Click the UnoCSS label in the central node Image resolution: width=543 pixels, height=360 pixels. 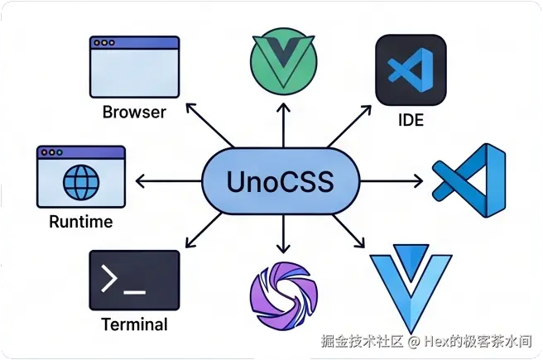(280, 181)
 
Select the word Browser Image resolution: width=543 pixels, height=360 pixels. (134, 113)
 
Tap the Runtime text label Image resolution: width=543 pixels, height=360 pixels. (81, 222)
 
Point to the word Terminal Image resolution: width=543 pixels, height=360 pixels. (134, 324)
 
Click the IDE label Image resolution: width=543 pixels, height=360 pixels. (411, 120)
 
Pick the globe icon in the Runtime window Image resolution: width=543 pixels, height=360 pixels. (81, 182)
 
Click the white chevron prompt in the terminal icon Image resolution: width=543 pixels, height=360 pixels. (108, 278)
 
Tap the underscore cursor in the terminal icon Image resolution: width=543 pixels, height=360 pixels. (134, 292)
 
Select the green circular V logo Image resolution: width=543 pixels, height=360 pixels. (283, 61)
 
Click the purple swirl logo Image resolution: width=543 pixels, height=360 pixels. (284, 295)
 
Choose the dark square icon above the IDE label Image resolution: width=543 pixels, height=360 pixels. (411, 70)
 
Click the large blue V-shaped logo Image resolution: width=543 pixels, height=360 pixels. (411, 288)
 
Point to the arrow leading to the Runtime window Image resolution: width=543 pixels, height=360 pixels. (168, 181)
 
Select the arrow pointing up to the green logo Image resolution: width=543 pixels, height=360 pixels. (284, 125)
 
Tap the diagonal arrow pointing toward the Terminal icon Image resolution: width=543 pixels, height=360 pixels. (204, 231)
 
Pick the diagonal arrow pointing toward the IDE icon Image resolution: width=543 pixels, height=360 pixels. (349, 127)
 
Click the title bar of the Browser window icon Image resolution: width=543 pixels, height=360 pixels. (134, 42)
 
